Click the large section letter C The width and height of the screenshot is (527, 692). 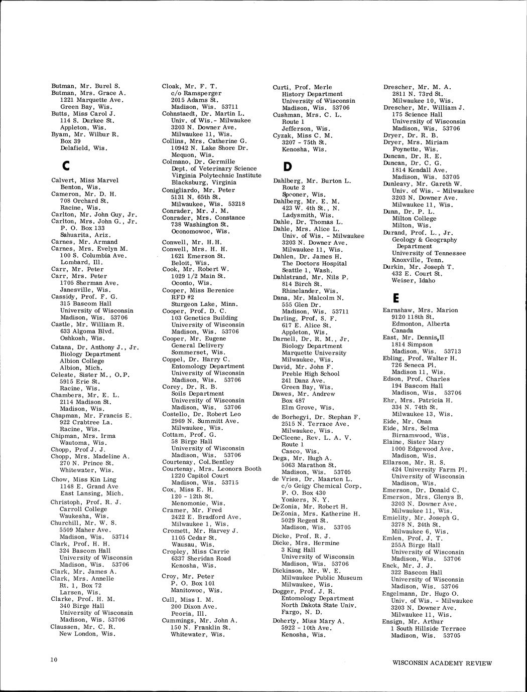coord(56,165)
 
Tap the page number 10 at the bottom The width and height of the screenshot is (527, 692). coord(54,659)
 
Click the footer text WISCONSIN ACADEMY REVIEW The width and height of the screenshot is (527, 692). coord(442,663)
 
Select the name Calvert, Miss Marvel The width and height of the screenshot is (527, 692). coord(85,181)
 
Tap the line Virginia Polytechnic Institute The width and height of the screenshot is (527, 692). coord(216,176)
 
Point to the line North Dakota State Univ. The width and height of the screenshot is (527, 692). coord(319,605)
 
